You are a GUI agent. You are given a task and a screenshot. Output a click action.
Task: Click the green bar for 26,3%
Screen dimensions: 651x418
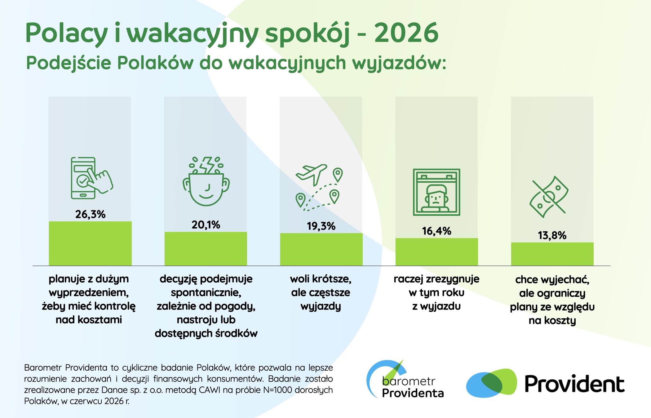[90, 243]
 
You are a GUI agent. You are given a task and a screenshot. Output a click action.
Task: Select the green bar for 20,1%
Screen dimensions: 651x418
[206, 249]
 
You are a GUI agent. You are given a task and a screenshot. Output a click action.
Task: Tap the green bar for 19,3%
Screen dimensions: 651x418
[321, 249]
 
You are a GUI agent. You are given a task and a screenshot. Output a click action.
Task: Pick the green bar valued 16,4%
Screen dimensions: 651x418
[437, 252]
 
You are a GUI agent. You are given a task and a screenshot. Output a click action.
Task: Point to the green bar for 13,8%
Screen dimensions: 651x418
[552, 254]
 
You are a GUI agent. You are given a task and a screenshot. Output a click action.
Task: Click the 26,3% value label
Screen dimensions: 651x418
[90, 214]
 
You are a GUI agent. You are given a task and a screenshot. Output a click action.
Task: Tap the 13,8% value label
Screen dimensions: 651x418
[552, 236]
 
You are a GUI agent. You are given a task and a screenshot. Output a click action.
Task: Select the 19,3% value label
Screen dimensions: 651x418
[321, 226]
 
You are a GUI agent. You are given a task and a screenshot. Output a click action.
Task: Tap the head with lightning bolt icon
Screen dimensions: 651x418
[206, 181]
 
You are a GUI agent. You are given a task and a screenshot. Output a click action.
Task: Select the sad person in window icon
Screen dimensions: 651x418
[436, 192]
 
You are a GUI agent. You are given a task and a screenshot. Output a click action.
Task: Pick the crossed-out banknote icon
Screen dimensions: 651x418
[549, 197]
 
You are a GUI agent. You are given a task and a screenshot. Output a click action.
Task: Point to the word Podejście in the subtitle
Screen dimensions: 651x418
[69, 63]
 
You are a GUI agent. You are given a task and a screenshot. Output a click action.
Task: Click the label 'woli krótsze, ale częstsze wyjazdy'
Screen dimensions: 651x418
[321, 293]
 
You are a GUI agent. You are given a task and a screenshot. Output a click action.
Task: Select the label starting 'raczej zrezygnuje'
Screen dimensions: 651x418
[436, 293]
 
